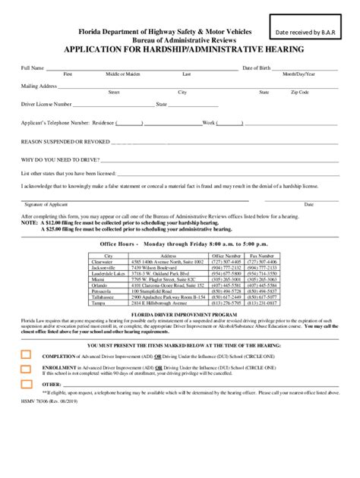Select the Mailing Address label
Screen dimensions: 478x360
click(39, 86)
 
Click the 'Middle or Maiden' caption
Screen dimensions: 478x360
click(123, 74)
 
